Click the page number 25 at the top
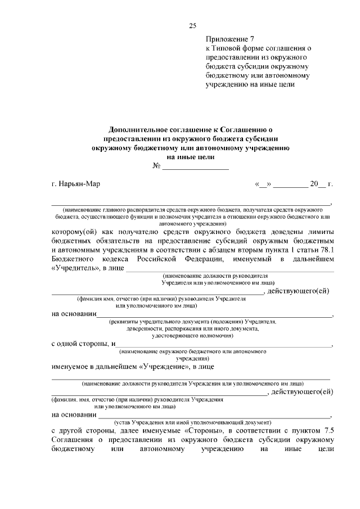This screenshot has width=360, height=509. tap(192, 26)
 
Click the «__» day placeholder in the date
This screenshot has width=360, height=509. tap(263, 184)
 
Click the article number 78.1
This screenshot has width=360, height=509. tap(326, 250)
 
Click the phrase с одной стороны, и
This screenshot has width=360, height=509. tap(83, 344)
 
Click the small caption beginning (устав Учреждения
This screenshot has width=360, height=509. tap(193, 421)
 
